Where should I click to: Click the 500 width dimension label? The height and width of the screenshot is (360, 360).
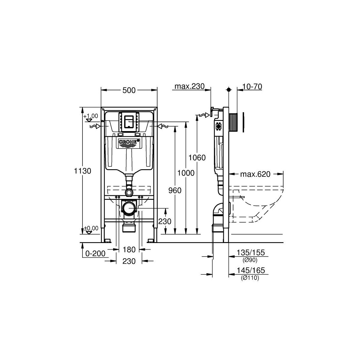pos(129,90)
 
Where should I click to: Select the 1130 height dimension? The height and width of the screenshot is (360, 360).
pos(82,171)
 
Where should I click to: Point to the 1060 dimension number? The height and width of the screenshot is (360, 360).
pos(197,158)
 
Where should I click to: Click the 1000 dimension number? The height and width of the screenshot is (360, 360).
pos(186,173)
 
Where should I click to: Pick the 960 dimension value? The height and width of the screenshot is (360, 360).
pos(175,190)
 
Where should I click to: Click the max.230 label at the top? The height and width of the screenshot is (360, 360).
pos(189,86)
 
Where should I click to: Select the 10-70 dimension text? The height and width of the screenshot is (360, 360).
pos(252,86)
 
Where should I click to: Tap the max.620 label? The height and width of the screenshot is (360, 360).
pos(255,174)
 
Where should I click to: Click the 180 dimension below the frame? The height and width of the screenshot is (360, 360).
pos(129,250)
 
